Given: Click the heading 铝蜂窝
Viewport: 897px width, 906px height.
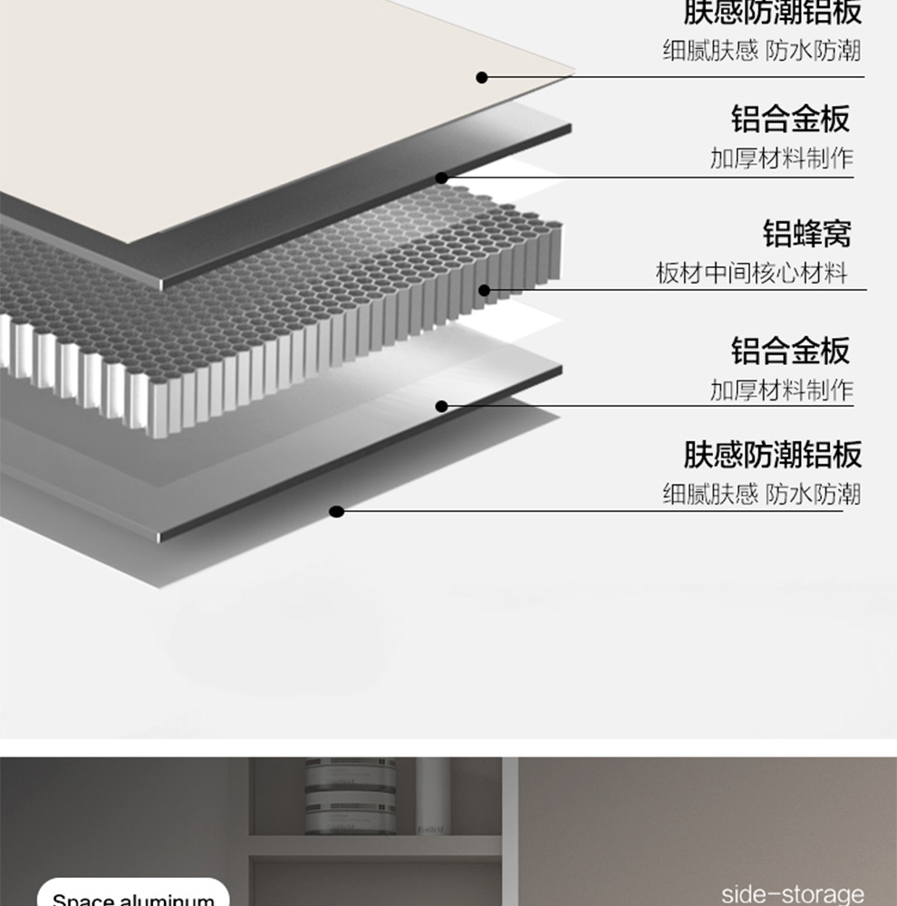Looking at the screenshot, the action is coord(807,234).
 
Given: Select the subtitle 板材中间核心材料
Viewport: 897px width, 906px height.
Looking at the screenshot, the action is coord(751,273).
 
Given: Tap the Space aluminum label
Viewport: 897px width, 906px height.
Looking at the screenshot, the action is coord(133,898).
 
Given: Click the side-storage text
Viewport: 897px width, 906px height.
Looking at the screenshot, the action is coord(792,894).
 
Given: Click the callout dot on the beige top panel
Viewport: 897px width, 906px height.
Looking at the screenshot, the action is coord(482,78).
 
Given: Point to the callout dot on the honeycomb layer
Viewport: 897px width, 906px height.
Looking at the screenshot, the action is coord(484,291).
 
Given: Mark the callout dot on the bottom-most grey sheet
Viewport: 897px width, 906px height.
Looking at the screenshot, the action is coord(337,512).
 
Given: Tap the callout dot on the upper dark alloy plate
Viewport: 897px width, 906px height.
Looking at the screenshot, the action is coord(442,178).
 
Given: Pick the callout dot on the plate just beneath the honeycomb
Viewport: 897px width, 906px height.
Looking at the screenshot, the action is coord(442,406).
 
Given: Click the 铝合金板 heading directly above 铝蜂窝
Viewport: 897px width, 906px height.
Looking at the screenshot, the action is coord(790,119).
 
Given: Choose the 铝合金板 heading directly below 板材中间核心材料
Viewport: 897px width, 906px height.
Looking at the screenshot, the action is coord(790,350).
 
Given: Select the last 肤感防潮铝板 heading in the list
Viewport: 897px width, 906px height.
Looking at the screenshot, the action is coord(772,454).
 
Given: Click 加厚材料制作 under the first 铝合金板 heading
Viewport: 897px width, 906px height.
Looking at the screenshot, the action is coord(781,159).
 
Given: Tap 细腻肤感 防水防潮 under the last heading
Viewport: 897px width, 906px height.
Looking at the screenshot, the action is coord(761,494).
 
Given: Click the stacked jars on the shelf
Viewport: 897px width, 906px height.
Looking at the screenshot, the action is coord(352,797).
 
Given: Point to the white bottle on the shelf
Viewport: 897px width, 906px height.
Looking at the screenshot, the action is coord(433,795).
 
